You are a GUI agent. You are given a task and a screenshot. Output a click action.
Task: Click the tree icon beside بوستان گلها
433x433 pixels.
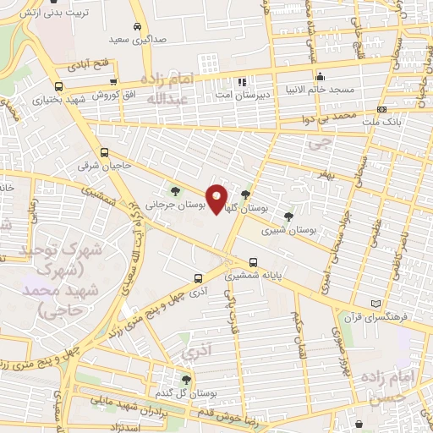point(246,195)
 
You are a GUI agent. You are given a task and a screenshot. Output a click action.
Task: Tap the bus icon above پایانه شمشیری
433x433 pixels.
point(254,262)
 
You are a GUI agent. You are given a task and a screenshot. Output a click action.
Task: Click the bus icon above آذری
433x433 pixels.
point(198,277)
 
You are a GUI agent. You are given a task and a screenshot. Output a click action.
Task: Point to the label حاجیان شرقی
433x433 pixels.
point(104,167)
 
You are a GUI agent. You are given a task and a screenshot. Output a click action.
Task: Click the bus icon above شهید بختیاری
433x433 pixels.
point(58,87)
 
